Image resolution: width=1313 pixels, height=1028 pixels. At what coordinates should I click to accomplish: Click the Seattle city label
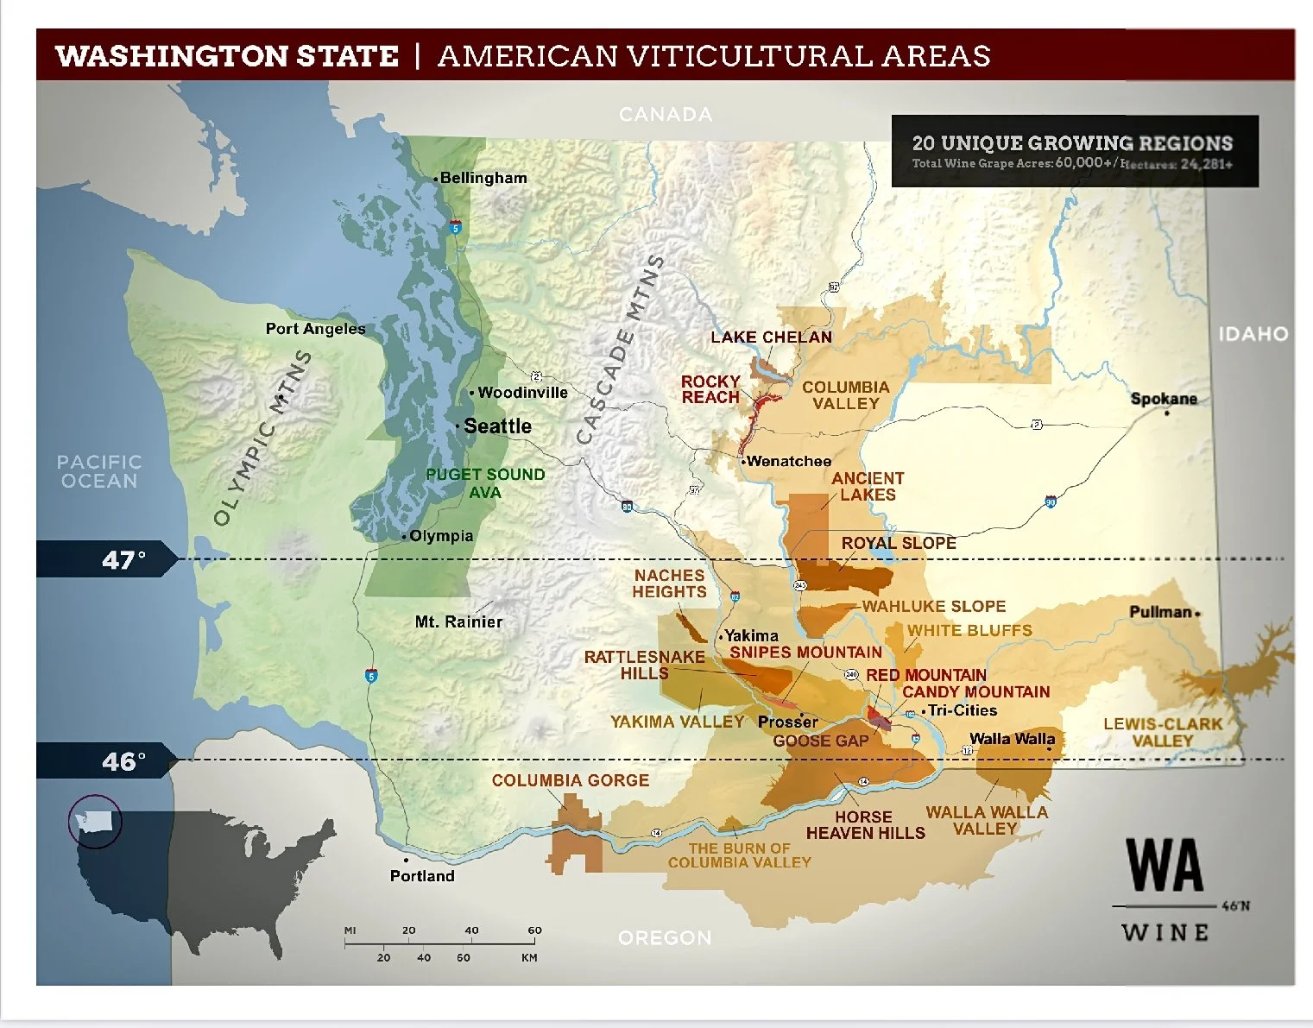[497, 426]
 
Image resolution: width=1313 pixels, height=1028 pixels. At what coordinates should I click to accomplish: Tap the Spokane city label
[1164, 399]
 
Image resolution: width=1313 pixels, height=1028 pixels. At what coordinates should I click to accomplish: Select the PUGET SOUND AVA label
[485, 483]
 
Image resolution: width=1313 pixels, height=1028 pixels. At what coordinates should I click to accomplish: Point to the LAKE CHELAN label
[771, 337]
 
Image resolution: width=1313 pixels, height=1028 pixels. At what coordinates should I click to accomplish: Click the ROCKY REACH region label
[710, 389]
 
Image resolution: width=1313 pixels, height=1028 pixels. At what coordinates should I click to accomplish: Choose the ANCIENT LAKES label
[868, 486]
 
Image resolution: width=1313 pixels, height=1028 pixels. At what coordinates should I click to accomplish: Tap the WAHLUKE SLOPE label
[934, 607]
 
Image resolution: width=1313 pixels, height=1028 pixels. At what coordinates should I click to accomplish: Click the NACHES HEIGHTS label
[669, 583]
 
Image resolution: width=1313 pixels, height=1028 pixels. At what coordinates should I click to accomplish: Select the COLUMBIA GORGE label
[570, 780]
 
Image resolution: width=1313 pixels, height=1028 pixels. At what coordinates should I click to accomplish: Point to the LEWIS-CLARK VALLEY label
[1162, 732]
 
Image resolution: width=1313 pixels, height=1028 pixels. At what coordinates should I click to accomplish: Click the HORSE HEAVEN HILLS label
[865, 824]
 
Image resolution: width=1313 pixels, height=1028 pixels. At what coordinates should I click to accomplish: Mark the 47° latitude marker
[123, 560]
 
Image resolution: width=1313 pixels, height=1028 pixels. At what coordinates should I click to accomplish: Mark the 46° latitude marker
[123, 761]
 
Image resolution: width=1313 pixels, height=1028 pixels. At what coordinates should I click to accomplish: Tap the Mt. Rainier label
[458, 621]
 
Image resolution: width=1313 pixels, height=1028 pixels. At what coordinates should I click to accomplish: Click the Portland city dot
[406, 861]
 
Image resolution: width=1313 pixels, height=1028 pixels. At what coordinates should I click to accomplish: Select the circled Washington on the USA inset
[95, 821]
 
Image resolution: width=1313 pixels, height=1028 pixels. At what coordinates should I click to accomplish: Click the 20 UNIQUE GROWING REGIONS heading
[1072, 143]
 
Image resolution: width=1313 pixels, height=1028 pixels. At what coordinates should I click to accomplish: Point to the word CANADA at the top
[666, 115]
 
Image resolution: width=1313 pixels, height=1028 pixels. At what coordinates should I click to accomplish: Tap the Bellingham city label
[483, 178]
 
